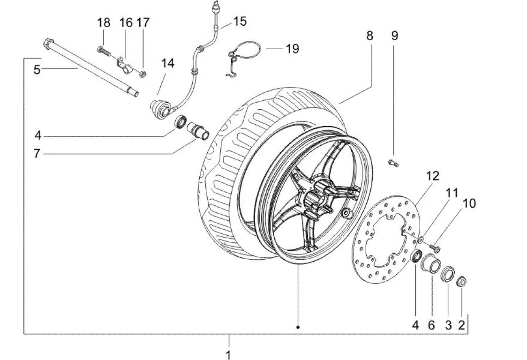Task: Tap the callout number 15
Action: (240, 21)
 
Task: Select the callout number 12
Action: (432, 176)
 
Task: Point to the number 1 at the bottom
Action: (228, 353)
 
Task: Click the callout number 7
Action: (37, 153)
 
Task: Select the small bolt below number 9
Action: (392, 163)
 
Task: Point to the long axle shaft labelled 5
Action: (89, 67)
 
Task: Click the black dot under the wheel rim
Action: (298, 327)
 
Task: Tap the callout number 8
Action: (369, 36)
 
